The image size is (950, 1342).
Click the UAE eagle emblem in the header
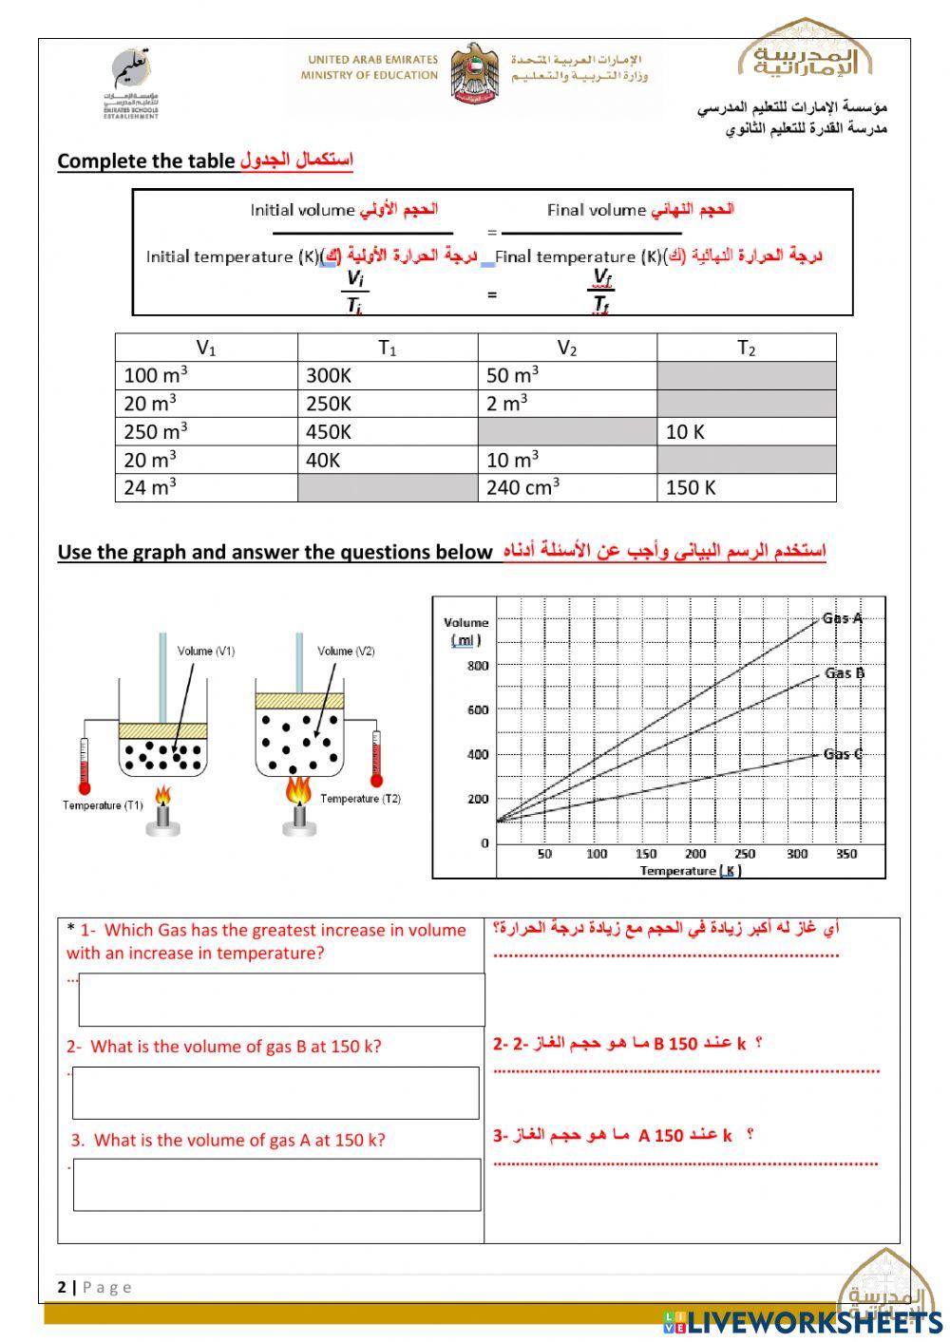click(x=474, y=74)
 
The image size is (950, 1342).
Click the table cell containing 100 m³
click(x=205, y=375)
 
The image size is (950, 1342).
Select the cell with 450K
click(x=387, y=432)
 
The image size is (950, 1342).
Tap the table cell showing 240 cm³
click(x=566, y=488)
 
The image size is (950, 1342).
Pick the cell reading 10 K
click(x=746, y=432)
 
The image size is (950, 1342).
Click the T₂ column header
click(x=746, y=349)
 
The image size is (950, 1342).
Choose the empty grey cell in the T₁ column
click(x=387, y=488)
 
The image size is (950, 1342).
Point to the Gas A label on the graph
click(x=843, y=618)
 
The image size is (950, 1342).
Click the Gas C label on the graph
click(x=843, y=754)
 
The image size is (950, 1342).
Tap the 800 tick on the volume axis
click(x=478, y=666)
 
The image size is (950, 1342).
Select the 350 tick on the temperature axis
click(x=845, y=854)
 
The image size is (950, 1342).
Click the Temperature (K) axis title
click(x=690, y=871)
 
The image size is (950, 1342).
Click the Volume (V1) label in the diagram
click(x=205, y=652)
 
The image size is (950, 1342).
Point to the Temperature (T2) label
click(x=360, y=799)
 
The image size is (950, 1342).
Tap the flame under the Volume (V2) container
click(x=299, y=789)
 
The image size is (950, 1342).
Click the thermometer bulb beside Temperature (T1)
click(x=85, y=788)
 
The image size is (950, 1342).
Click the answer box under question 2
click(x=275, y=1093)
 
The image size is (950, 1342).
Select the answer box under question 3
click(x=276, y=1185)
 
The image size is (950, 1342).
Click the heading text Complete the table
click(x=145, y=161)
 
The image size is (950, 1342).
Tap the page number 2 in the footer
click(x=63, y=1287)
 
